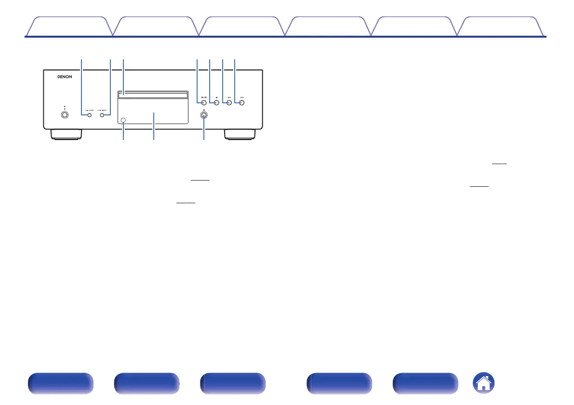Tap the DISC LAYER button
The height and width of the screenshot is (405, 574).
coord(89,116)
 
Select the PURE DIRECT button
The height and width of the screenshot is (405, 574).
coord(102,116)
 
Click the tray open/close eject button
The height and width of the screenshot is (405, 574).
coord(204,116)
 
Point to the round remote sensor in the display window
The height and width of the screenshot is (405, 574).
coord(124,120)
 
